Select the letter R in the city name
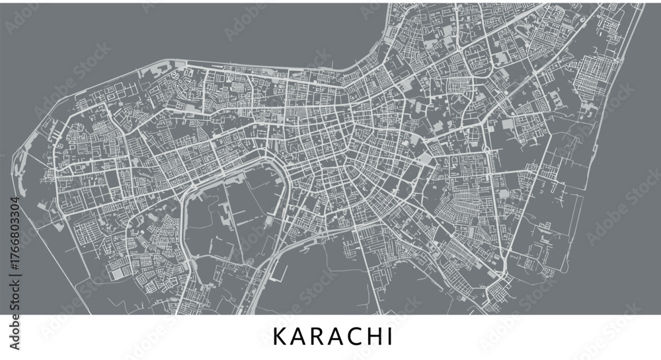point(317,336)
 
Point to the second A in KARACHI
point(335,336)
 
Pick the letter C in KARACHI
point(354,336)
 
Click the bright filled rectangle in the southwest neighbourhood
point(117,273)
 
